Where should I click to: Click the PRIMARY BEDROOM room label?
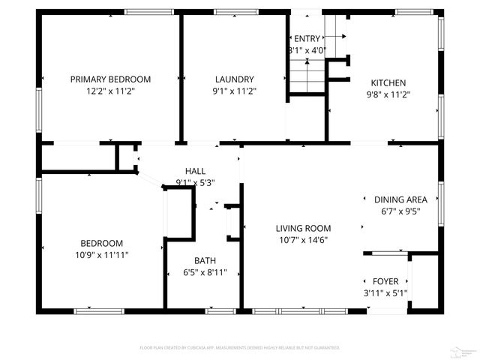[x=110, y=79]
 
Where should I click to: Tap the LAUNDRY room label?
[x=234, y=79]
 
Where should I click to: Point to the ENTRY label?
[x=307, y=38]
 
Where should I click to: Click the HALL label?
[x=195, y=171]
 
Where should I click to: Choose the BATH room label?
[x=205, y=261]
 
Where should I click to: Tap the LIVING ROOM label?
[x=303, y=228]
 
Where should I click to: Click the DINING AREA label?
[x=400, y=199]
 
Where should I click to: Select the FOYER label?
[x=385, y=281]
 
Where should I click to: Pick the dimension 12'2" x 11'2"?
[x=110, y=91]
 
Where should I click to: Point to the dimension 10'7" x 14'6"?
[x=303, y=240]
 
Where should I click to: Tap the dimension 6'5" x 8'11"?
[x=205, y=273]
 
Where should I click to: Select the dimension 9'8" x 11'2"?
[x=388, y=94]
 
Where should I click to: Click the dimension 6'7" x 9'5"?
[x=400, y=211]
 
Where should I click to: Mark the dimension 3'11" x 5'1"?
[x=385, y=293]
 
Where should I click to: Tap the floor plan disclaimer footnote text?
[x=240, y=347]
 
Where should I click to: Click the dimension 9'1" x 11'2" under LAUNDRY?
[x=234, y=91]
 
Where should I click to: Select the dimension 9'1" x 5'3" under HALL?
[x=195, y=182]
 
